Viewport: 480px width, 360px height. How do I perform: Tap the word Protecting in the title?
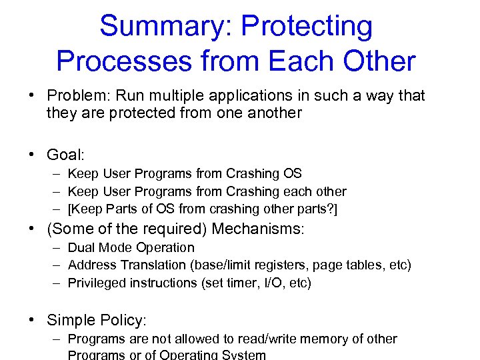coord(307,27)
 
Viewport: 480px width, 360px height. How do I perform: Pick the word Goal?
coord(65,155)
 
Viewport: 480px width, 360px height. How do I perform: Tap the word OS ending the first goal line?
coord(293,174)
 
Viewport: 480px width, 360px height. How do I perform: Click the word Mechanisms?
coord(258,229)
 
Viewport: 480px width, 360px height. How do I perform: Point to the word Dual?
coord(81,248)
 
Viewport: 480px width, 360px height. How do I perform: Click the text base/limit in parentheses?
coord(221,265)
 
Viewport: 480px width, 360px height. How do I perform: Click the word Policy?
coord(121,321)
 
